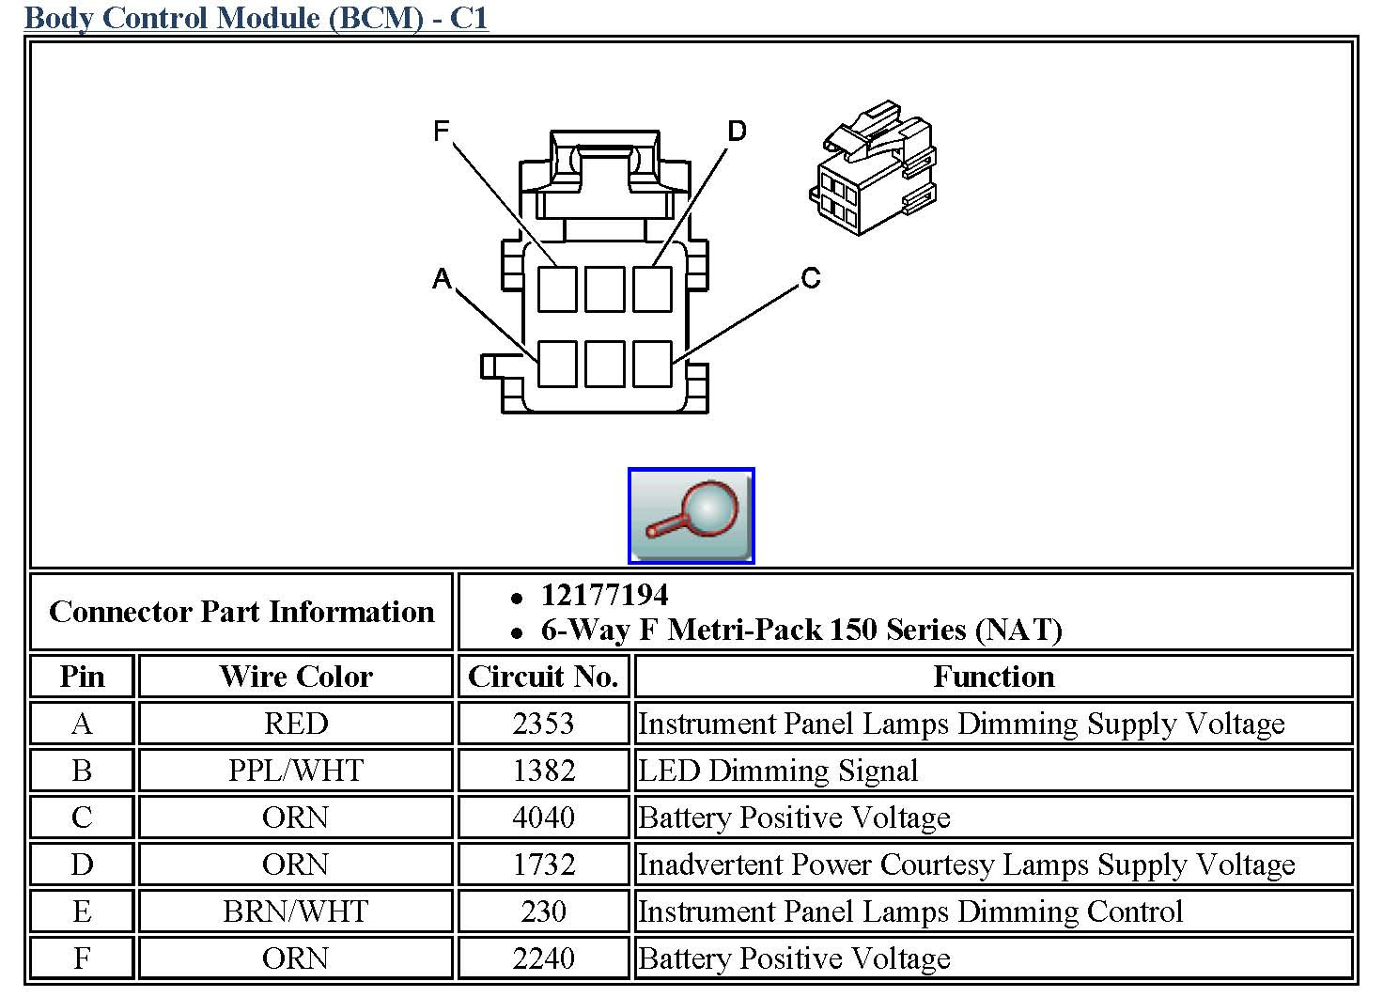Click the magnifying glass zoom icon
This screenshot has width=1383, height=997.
point(691,516)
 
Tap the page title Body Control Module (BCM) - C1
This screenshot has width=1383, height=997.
point(256,17)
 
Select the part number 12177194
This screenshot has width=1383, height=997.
point(604,595)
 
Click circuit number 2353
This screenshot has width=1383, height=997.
point(543,723)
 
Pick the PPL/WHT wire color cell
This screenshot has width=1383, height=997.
point(296,770)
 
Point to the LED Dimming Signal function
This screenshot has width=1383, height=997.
point(778,771)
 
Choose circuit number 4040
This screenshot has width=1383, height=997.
point(543,817)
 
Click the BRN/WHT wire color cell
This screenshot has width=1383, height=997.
point(296,911)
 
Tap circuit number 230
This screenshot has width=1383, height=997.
point(543,911)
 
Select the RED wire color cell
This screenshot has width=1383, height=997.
point(296,723)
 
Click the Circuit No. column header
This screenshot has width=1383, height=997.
point(543,676)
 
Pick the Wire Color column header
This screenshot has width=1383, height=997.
point(296,676)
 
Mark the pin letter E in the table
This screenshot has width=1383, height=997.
point(82,911)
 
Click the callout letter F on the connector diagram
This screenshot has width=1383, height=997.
point(441,131)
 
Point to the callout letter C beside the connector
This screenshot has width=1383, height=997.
point(811,278)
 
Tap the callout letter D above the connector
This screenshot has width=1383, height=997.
point(738,131)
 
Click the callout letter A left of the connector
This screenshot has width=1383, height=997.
point(443,278)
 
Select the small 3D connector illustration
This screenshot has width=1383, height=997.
point(873,167)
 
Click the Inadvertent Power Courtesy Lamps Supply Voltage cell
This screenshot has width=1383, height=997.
point(966,865)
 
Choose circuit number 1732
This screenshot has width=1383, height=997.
point(544,865)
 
